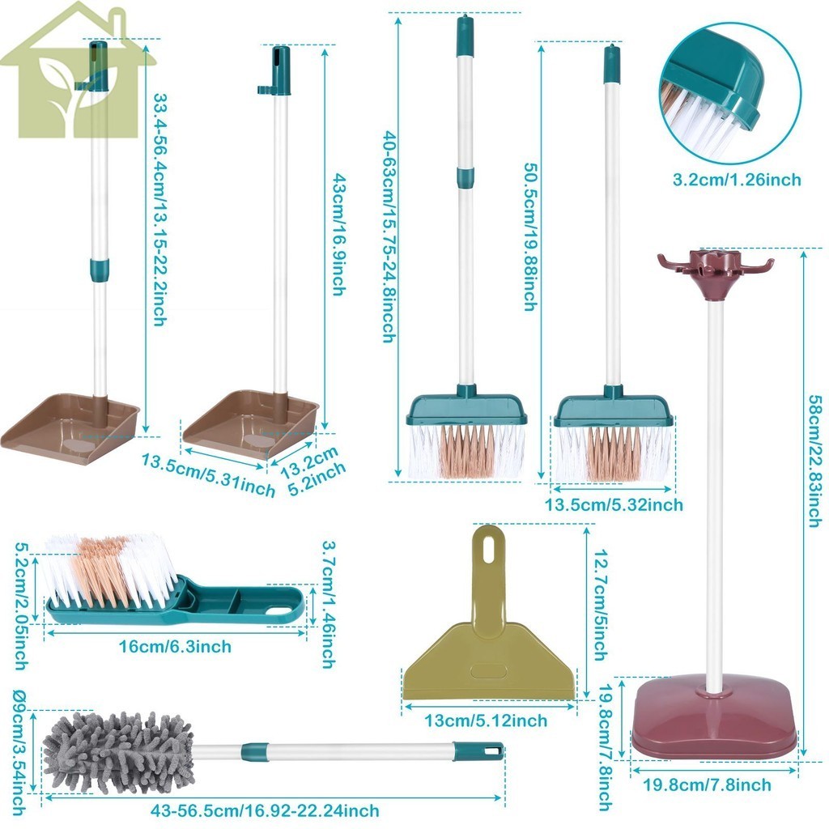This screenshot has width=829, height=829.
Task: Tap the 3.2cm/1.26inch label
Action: tap(737, 180)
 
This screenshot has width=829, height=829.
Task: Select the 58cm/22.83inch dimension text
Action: tap(815, 461)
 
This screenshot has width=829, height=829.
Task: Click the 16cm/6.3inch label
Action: tap(175, 646)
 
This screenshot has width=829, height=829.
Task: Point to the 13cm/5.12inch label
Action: tap(486, 720)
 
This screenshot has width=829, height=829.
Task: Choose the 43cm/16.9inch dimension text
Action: tap(338, 235)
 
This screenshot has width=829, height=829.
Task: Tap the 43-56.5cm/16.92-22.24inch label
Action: tap(265, 810)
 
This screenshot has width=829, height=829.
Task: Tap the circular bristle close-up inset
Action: tap(731, 93)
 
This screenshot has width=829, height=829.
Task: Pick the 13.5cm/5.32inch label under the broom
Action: tap(614, 504)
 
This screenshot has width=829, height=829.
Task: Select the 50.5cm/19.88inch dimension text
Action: tap(530, 236)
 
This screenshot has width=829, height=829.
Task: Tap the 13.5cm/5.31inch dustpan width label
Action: tap(208, 475)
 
